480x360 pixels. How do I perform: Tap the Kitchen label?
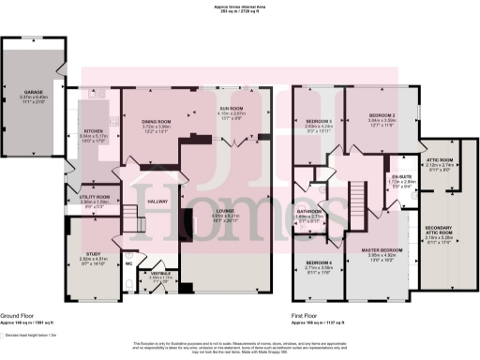tap(94, 131)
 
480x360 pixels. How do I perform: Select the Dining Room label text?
tap(156, 122)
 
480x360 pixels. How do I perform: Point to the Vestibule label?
tap(160, 273)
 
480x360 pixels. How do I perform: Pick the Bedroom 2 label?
tap(382, 115)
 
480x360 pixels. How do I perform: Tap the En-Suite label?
tap(401, 176)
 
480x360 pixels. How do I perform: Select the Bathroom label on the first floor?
tap(309, 212)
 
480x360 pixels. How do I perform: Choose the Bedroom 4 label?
tap(320, 262)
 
